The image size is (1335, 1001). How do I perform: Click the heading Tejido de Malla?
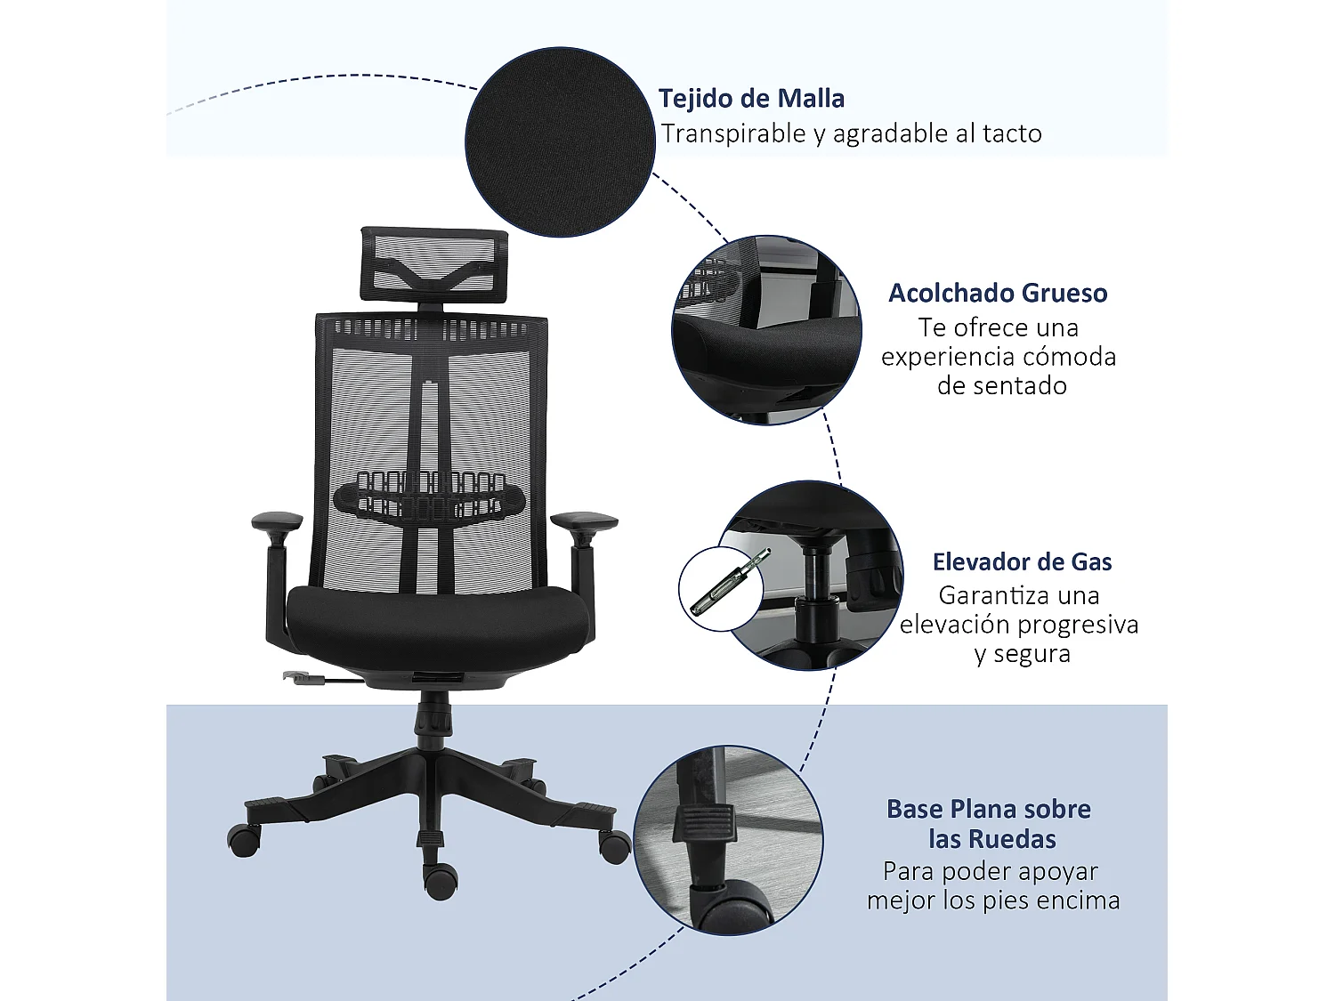[751, 98]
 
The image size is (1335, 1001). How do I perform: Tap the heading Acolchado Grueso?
[998, 293]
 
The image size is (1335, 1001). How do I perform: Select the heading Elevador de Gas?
[1022, 561]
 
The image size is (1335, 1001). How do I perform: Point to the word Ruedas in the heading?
[1011, 839]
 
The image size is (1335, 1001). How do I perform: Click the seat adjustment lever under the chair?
[307, 679]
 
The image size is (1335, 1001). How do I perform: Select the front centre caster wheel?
[440, 880]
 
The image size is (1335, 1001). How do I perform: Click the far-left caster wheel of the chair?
[244, 839]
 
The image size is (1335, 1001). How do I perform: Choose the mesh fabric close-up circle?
[560, 142]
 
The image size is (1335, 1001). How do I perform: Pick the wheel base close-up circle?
[729, 840]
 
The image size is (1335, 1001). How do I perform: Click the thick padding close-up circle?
[765, 330]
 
